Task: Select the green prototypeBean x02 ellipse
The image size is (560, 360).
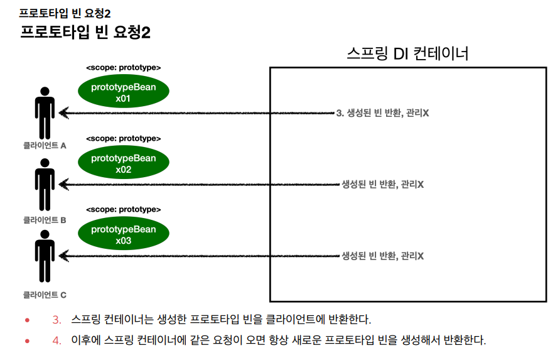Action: click(123, 163)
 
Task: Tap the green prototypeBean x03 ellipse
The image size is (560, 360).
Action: click(123, 234)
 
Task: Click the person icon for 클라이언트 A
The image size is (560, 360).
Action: click(45, 112)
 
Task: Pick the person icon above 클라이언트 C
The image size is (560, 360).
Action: click(45, 256)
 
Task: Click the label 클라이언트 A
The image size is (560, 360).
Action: click(45, 145)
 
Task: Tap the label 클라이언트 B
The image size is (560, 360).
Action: click(45, 220)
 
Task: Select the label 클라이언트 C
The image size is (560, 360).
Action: click(45, 294)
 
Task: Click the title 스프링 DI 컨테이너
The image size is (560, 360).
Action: click(407, 53)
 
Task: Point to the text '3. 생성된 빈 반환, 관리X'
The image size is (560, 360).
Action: click(382, 113)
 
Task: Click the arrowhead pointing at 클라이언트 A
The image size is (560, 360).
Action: click(63, 113)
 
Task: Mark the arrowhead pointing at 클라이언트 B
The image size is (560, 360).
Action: click(63, 184)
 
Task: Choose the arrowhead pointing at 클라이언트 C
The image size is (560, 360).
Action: click(63, 256)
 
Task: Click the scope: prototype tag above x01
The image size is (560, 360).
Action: click(123, 67)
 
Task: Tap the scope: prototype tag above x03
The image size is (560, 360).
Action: click(123, 209)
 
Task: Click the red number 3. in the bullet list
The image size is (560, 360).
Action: click(57, 320)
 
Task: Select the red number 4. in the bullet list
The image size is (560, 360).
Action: click(57, 341)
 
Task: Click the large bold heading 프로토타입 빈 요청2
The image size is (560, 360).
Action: click(85, 32)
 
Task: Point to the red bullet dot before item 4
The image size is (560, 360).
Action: click(27, 341)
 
